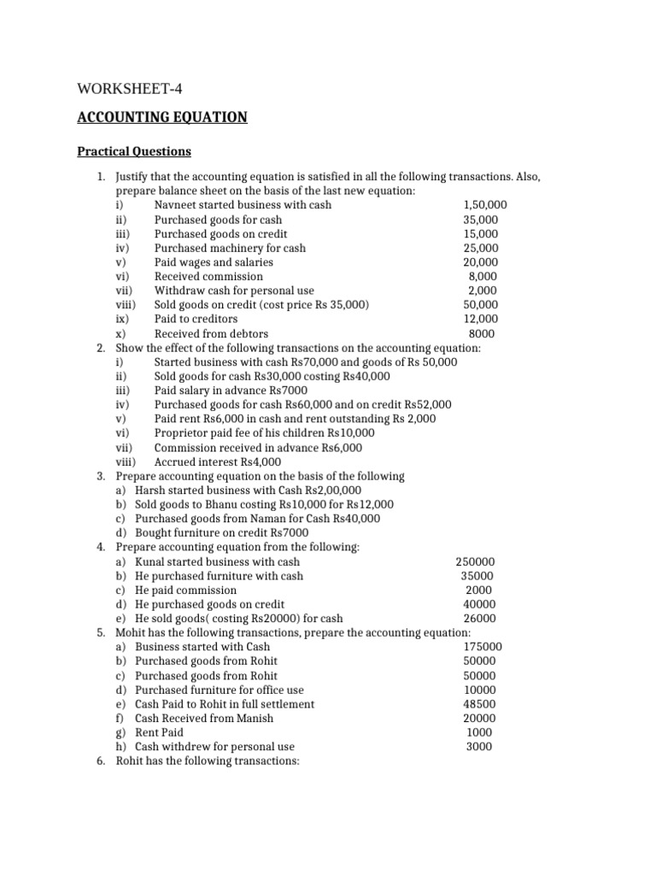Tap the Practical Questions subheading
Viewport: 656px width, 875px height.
(134, 152)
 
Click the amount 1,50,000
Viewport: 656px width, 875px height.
(484, 205)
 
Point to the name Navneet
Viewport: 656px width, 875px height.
(176, 205)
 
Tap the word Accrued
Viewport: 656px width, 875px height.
(174, 461)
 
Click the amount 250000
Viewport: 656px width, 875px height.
(475, 562)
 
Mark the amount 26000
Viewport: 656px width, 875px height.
(479, 619)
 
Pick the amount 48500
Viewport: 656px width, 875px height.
(479, 704)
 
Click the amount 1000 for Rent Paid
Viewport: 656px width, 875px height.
(479, 732)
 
